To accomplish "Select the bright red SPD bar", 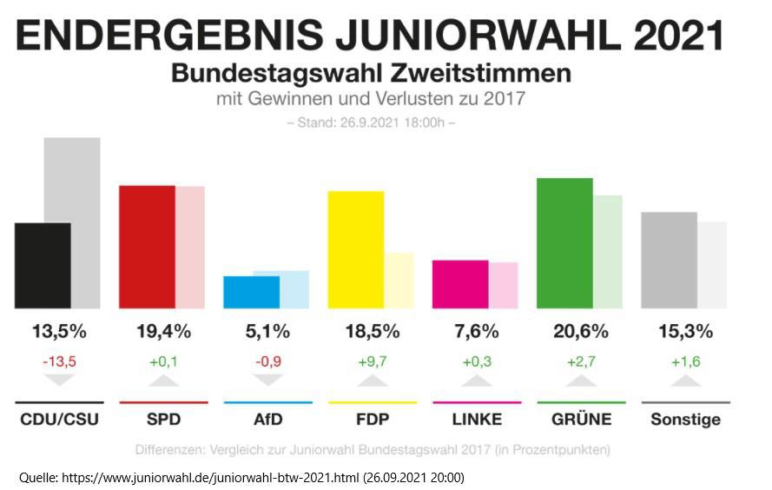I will pyautogui.click(x=147, y=247).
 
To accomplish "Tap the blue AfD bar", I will pyautogui.click(x=251, y=292).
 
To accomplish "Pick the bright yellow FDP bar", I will pyautogui.click(x=355, y=249).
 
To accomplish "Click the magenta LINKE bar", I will pyautogui.click(x=459, y=284).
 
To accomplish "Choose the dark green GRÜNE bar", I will pyautogui.click(x=564, y=243).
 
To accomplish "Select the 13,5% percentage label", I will pyautogui.click(x=59, y=331).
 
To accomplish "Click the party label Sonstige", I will pyautogui.click(x=685, y=420).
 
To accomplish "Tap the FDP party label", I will pyautogui.click(x=372, y=420).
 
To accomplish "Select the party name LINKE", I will pyautogui.click(x=477, y=420).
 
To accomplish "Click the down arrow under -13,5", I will pyautogui.click(x=59, y=381).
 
